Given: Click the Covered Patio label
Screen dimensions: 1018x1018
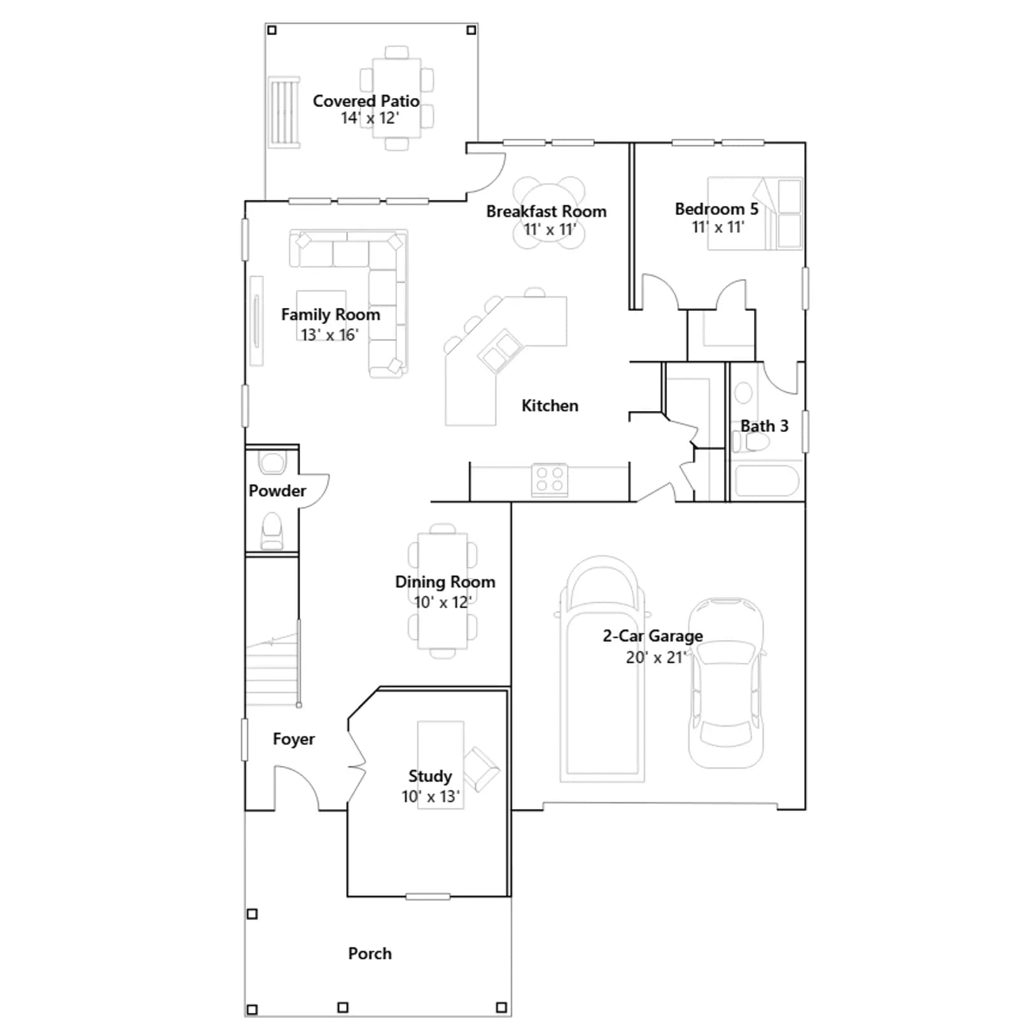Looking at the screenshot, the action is click(366, 101).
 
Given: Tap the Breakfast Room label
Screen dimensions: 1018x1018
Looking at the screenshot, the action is click(547, 211).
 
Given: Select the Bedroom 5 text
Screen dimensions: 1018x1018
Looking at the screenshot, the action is click(716, 209).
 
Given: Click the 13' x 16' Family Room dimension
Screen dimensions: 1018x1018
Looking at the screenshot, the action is click(330, 335).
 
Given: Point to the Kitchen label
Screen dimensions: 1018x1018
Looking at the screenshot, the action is click(550, 406).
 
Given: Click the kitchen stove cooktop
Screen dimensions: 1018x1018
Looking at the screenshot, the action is click(550, 480).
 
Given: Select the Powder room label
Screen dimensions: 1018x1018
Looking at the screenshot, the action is click(277, 491).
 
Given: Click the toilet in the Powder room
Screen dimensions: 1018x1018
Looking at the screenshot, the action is click(272, 531).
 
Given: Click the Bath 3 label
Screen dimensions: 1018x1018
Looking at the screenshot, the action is click(764, 426).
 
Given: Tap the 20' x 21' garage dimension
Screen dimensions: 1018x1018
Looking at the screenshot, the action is click(655, 657).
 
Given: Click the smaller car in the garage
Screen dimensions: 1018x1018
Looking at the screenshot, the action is click(726, 683).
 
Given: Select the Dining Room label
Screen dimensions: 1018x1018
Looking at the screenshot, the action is click(445, 582).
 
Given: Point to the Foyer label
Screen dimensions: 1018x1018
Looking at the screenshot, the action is click(293, 739).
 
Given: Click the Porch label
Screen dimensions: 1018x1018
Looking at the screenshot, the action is click(370, 953).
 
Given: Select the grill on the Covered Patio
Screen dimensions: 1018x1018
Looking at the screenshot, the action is click(284, 113).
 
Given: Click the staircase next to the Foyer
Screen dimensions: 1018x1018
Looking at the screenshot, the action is click(272, 668).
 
